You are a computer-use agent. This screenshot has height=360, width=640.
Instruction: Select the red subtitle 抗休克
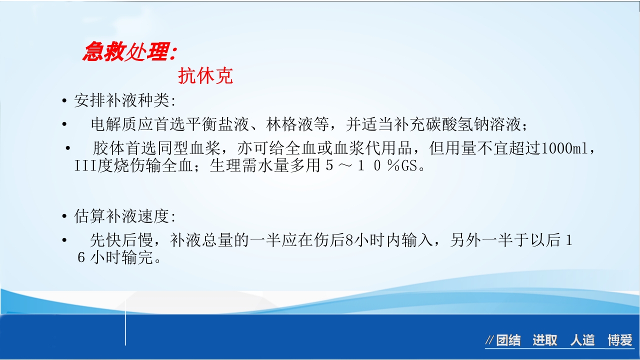click(205, 76)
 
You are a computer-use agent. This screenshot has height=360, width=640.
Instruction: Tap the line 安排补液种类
click(124, 101)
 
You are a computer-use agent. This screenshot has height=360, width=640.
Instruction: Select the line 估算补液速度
click(124, 217)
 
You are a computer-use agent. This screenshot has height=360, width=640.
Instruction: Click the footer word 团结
click(508, 341)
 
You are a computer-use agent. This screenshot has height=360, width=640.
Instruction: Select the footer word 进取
click(544, 341)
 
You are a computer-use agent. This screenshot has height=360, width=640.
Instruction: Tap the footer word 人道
click(582, 341)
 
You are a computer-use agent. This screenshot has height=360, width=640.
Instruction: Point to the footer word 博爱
click(620, 341)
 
